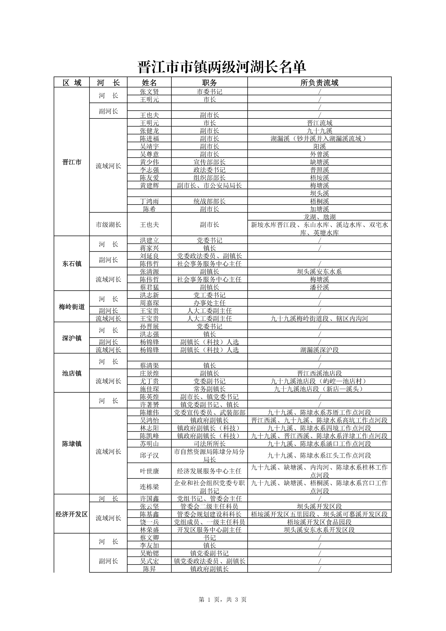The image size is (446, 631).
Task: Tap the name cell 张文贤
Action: coord(149,91)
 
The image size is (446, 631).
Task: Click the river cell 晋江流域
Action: coord(319,123)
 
